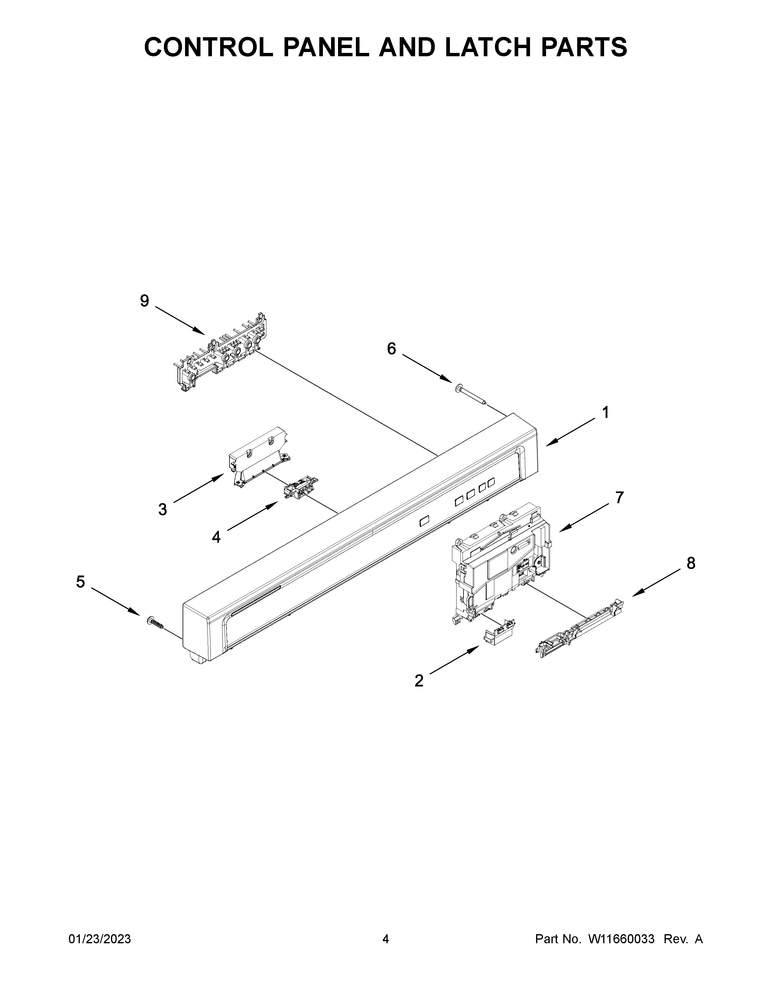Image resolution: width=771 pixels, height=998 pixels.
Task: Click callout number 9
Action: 144,301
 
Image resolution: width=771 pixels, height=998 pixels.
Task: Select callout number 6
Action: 392,349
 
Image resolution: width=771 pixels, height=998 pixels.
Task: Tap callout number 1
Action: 605,413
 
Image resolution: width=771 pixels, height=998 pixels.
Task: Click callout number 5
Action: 80,582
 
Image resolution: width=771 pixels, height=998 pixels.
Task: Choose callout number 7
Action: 619,497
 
